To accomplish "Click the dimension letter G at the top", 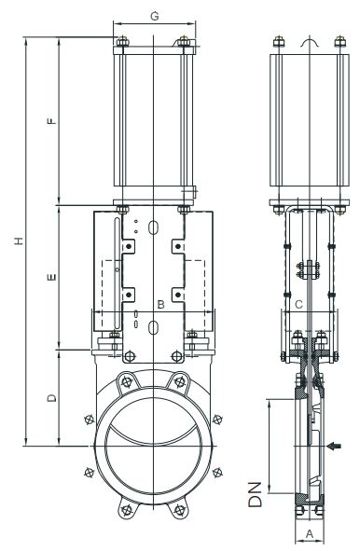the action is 154,16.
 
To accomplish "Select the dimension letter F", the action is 51,121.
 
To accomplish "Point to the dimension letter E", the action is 51,277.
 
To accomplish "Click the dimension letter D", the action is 51,398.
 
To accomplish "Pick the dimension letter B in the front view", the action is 160,304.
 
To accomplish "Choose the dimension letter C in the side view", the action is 298,304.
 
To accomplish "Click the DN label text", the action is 256,494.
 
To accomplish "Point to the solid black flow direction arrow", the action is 334,447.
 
